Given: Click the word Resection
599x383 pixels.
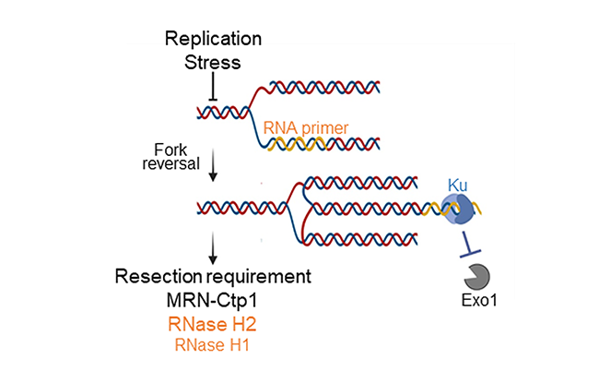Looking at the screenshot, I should point(160,277).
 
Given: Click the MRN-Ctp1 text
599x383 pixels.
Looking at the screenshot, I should point(213,301).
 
